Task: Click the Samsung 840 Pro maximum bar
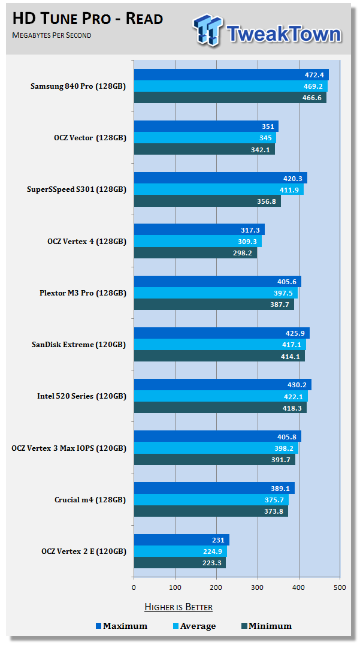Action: (x=231, y=75)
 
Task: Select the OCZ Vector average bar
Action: (x=204, y=138)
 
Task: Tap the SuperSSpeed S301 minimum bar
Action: (x=207, y=201)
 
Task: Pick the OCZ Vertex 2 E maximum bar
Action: (x=181, y=540)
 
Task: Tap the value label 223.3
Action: (x=210, y=563)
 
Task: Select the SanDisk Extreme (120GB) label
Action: (x=78, y=345)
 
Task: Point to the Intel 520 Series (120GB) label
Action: (x=81, y=396)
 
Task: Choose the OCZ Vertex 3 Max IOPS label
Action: (x=69, y=448)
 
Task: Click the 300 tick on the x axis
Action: (x=258, y=587)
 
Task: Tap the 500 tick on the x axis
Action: (x=340, y=587)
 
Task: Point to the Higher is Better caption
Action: (x=179, y=607)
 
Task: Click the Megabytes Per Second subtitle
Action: (x=52, y=35)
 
